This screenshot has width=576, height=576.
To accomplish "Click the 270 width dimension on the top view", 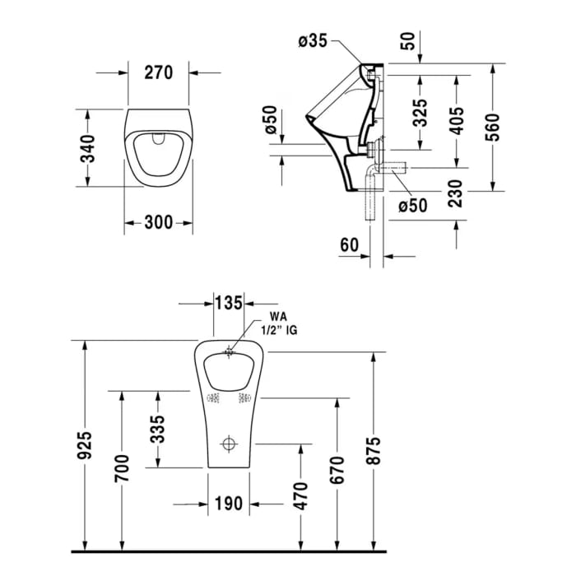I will pos(158,72).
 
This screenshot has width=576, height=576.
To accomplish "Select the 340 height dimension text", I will pos(95,148).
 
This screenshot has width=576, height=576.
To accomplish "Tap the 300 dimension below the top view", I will pos(159,222).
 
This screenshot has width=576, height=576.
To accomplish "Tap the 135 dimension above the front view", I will pos(228,303).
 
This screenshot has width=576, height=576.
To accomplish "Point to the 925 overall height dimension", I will pos(85,445).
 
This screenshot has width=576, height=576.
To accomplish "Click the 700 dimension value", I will pos(121,468).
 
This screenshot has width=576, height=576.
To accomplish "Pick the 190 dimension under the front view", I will pos(228,502).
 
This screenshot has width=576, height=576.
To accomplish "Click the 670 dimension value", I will pos(337,468).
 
